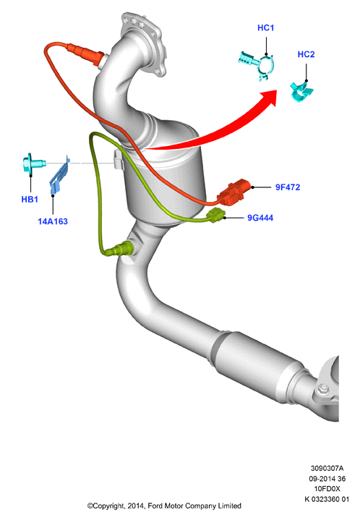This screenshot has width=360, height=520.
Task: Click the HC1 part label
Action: click(x=265, y=28)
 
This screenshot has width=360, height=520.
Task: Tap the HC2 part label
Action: click(x=306, y=54)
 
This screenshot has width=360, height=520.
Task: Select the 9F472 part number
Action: click(x=288, y=187)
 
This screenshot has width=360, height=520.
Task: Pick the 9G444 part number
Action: click(x=260, y=218)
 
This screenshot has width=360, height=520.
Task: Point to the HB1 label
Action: click(x=30, y=200)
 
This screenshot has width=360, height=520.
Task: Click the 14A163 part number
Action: click(x=53, y=221)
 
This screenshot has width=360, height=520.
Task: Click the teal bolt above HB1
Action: click(x=33, y=163)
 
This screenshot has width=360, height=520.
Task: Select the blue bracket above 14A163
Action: click(x=60, y=174)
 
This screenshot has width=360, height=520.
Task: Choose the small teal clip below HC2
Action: click(x=301, y=92)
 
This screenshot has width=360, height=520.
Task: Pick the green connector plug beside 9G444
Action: click(x=216, y=216)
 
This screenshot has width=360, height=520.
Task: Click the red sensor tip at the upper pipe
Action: click(x=86, y=54)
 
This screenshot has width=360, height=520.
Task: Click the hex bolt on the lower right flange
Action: click(x=322, y=390)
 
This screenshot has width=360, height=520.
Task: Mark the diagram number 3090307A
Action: click(x=327, y=469)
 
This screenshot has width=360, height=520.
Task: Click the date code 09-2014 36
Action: click(x=327, y=479)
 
